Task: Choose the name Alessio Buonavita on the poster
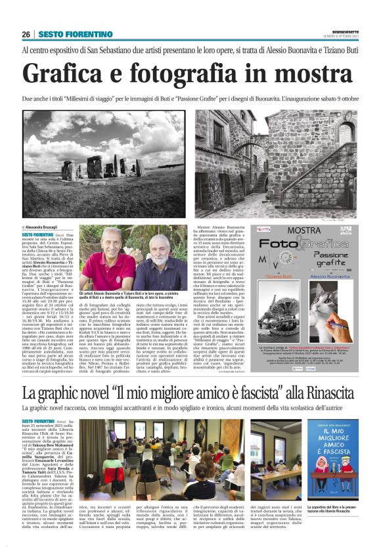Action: click(328, 277)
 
